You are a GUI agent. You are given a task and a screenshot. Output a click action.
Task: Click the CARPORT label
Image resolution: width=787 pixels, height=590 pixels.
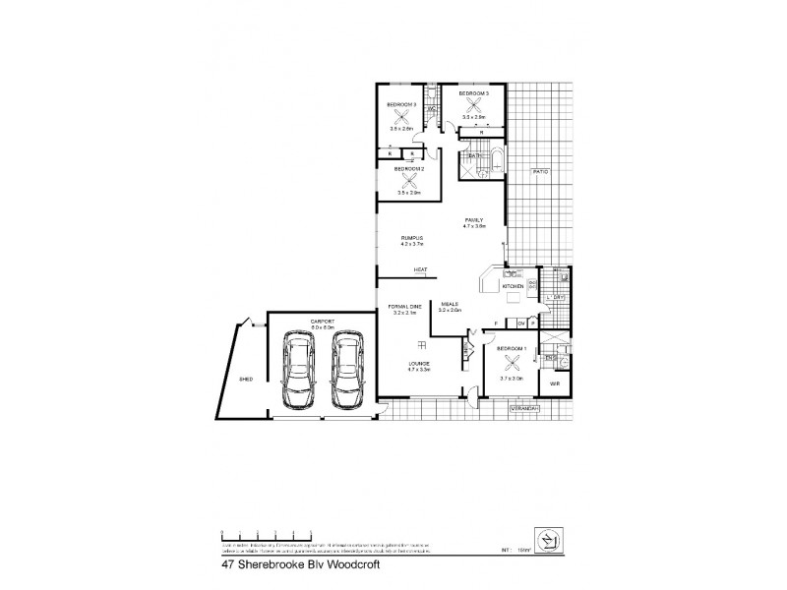[x=322, y=322]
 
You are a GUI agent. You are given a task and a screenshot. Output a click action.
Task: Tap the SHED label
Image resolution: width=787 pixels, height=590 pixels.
[x=246, y=378]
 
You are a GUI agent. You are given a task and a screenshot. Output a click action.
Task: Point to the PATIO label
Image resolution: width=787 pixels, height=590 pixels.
[x=540, y=172]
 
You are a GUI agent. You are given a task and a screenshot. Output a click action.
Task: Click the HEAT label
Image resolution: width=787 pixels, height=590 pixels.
[x=420, y=269]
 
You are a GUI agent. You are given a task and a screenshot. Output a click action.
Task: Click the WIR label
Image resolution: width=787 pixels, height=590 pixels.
[x=555, y=383]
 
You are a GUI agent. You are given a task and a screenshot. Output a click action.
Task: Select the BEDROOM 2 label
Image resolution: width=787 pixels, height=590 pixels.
[x=410, y=168]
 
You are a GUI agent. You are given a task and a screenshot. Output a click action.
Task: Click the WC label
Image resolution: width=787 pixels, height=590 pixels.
[x=431, y=109]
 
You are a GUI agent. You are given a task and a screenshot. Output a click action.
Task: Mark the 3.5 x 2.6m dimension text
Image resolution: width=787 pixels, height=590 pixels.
[x=401, y=129]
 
